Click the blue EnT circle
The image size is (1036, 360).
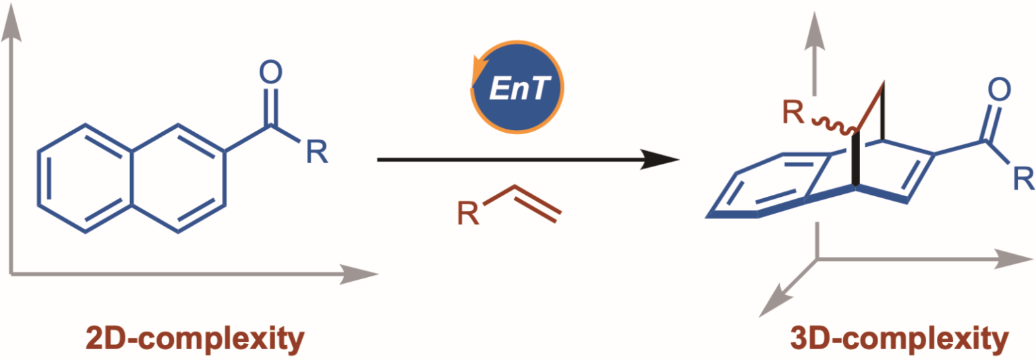[517, 88]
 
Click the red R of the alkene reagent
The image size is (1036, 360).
[463, 216]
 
